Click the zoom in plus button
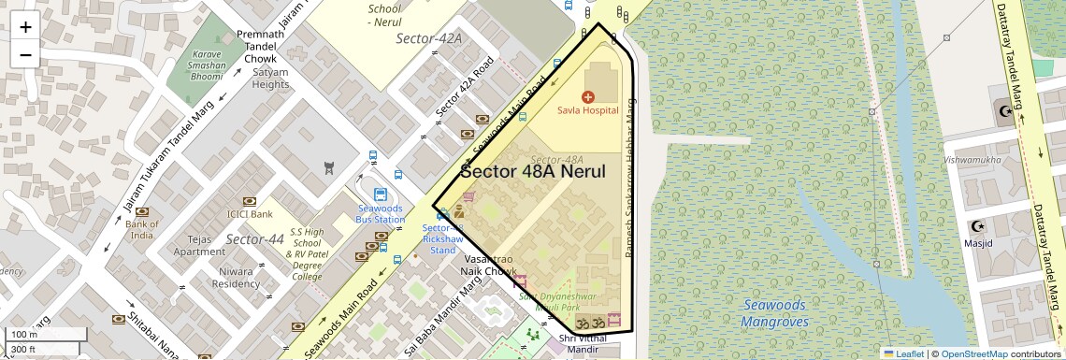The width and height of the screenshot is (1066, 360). point(25,26)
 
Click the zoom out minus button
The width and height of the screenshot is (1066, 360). point(25,54)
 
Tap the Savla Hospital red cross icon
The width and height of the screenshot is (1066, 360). point(588,96)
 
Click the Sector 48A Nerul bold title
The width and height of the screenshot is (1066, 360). point(534,172)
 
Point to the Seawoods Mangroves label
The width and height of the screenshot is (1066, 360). point(774,313)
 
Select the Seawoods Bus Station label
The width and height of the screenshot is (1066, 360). point(380,213)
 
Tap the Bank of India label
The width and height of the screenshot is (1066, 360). point(142,229)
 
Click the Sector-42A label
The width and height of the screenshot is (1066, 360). point(429,39)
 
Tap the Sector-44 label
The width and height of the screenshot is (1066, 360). point(254,240)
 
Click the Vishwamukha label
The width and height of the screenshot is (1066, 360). point(972,160)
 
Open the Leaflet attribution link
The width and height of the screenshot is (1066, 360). point(903,353)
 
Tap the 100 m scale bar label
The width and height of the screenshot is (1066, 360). point(24,335)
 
